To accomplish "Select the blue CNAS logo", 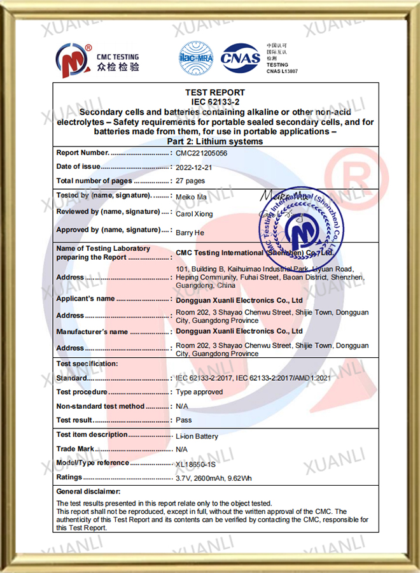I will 241,59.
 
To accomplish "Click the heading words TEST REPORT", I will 215,93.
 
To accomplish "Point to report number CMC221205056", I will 202,153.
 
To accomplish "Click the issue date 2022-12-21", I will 195,167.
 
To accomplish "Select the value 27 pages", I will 190,181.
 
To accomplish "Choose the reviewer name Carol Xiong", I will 194,214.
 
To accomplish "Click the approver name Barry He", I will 189,233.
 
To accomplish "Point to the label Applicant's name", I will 85,299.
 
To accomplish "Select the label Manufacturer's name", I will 92,332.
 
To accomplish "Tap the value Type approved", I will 199,392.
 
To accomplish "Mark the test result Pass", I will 184,420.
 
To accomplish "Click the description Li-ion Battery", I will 197,436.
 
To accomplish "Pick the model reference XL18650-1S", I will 200,464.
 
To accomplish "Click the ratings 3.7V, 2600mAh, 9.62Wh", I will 214,478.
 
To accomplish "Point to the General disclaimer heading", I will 88,492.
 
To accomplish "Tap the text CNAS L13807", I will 282,71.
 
